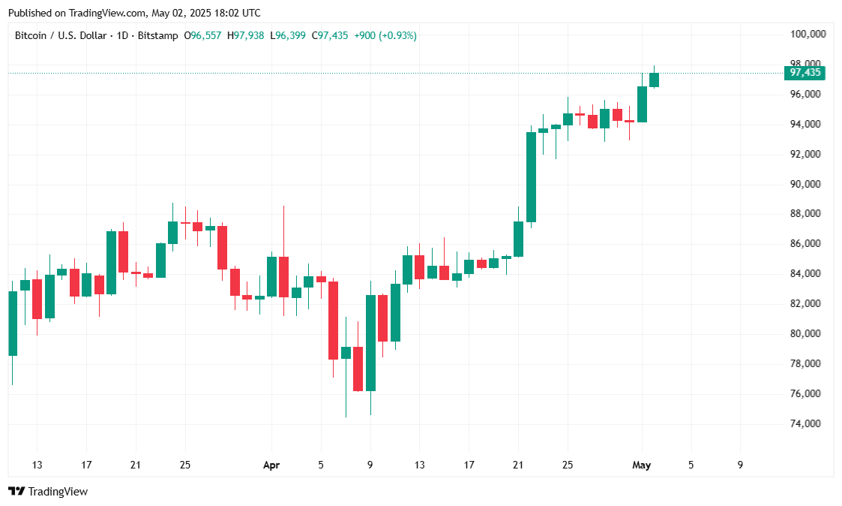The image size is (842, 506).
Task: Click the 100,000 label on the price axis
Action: coord(808,35)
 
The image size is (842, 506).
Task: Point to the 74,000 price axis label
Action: coord(808,424)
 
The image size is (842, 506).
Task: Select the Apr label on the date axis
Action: coord(271,465)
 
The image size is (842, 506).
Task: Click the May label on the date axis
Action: coord(641,465)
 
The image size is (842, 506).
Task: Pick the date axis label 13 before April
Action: coord(37,465)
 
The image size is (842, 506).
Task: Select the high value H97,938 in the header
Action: coord(245,35)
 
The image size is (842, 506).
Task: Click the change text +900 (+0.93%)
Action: coord(385,35)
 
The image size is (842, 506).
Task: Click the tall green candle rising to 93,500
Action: coord(531,176)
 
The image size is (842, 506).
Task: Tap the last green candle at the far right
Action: coord(654,80)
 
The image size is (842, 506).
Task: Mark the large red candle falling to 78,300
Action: coord(333,321)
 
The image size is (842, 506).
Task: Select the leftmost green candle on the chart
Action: coord(13,324)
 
